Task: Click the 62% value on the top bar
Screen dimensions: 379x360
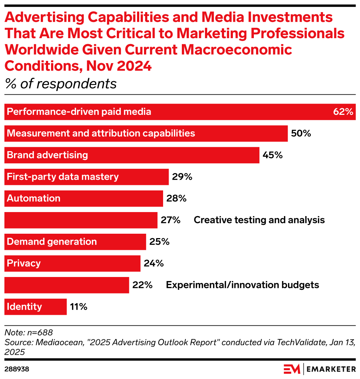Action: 343,112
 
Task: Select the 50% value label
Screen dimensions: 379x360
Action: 301,134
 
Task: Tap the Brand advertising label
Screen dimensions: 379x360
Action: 47,155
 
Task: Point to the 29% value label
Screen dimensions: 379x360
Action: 182,177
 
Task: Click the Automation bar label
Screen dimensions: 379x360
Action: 34,198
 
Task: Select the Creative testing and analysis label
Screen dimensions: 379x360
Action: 259,220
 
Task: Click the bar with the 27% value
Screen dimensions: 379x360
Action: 81,220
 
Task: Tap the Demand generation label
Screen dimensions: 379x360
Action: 52,242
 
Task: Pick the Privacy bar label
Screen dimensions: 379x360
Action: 24,263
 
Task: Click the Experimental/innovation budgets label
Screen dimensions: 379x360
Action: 242,285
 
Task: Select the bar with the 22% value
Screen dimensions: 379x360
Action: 66,285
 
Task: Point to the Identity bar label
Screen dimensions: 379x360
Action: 25,307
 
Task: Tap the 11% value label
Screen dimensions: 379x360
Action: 79,307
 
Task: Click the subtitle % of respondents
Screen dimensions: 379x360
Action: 61,84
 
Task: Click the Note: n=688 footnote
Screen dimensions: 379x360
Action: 29,333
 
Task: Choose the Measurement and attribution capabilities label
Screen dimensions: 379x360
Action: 101,134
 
